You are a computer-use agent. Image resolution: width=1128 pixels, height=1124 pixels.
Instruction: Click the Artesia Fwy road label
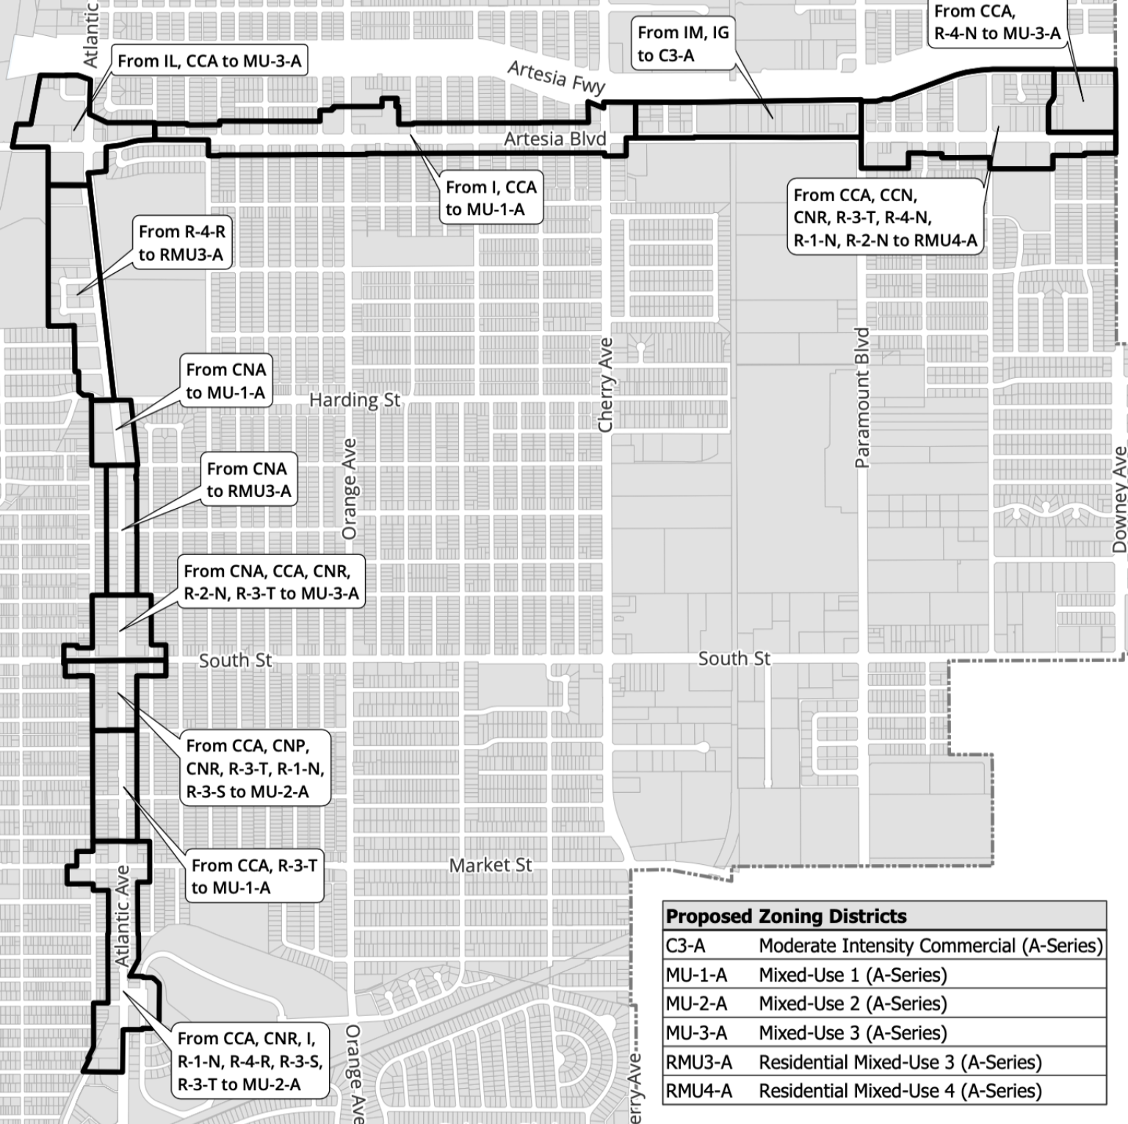click(x=556, y=77)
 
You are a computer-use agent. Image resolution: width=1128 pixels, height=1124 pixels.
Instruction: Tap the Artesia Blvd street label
click(x=554, y=139)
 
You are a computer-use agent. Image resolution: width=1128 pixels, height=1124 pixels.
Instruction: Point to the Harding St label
click(x=355, y=400)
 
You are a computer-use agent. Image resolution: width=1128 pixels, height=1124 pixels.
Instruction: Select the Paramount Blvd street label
click(x=862, y=397)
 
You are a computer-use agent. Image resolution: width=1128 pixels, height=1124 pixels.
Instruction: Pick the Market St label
click(x=490, y=866)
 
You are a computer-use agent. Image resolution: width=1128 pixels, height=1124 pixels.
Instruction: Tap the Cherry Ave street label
click(x=605, y=385)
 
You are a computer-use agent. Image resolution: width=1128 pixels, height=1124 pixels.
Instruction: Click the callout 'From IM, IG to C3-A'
click(x=683, y=44)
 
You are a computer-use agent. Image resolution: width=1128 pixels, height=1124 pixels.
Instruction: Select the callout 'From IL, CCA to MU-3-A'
click(x=209, y=61)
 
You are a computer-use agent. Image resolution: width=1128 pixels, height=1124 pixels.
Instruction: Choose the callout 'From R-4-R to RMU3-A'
click(x=181, y=243)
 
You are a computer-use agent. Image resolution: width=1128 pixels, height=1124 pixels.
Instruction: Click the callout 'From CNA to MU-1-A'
click(x=225, y=381)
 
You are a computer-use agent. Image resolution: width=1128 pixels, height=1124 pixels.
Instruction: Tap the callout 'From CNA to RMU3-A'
click(x=248, y=479)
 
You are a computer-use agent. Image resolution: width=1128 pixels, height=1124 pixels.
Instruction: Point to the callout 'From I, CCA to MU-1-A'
click(x=491, y=198)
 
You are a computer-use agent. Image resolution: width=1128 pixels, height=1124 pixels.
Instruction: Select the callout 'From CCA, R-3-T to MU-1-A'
click(x=254, y=877)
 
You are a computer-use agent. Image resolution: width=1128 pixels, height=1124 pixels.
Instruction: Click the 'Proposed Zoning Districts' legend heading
click(x=786, y=916)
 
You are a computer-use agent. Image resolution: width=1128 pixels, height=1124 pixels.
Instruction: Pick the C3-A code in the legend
click(x=685, y=946)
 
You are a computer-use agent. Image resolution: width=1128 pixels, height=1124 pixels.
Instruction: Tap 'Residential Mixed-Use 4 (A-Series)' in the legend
click(x=900, y=1091)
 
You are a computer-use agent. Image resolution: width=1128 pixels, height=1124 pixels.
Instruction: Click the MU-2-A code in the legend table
click(x=696, y=1004)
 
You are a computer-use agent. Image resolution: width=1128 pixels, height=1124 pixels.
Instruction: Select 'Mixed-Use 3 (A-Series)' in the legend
click(x=853, y=1033)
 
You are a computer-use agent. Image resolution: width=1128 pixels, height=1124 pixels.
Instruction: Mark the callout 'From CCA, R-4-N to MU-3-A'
click(x=997, y=22)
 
